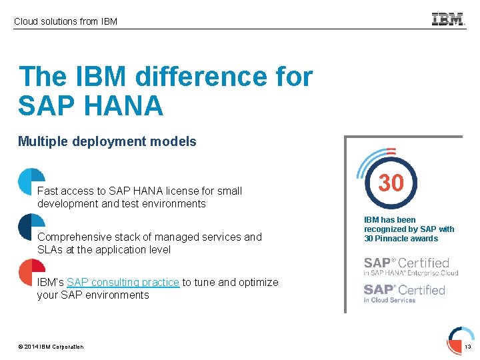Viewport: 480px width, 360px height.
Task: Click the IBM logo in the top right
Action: (x=448, y=20)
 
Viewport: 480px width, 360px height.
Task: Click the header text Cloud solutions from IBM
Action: (x=65, y=21)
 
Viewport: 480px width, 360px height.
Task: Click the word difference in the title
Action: (x=199, y=77)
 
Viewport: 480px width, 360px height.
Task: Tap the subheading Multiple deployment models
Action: (x=107, y=141)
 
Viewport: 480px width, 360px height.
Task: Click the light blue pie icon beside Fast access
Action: (x=31, y=181)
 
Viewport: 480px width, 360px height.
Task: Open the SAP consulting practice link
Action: (x=123, y=283)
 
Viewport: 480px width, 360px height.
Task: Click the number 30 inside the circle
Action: (x=391, y=183)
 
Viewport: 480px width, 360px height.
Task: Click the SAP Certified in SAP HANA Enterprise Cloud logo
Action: (x=411, y=266)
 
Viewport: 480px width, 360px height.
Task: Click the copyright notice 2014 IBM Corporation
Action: (x=51, y=347)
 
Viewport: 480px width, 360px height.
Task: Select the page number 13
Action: (x=467, y=347)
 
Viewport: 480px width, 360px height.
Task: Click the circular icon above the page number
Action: (x=461, y=335)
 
